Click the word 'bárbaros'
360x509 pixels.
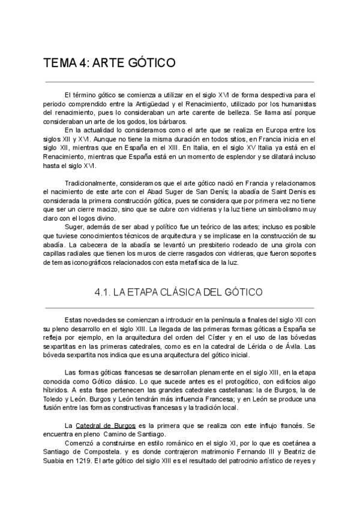point(154,121)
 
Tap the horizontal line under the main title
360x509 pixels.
point(180,82)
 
